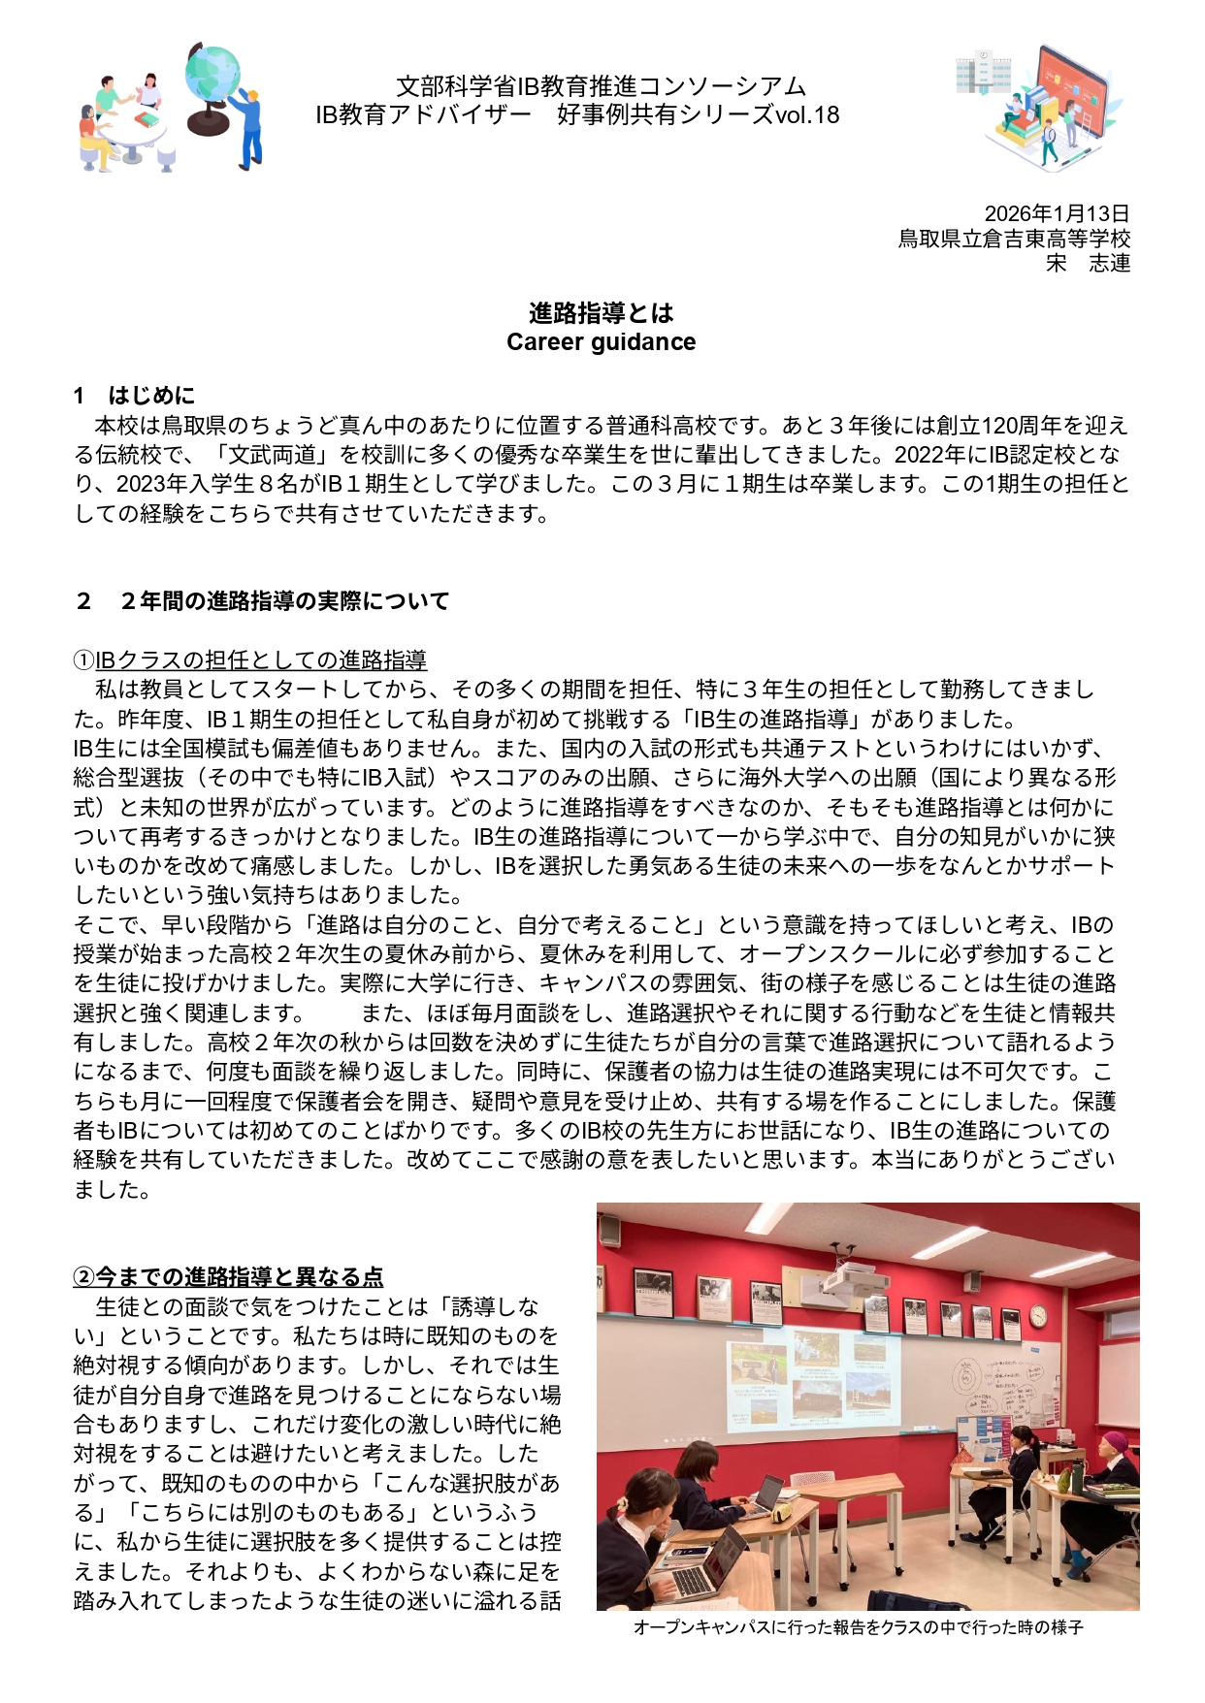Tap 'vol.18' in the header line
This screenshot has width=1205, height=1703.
pyautogui.click(x=807, y=115)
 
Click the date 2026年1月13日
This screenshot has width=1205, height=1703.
pyautogui.click(x=1057, y=213)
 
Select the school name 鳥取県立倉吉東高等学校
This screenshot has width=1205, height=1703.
pyautogui.click(x=1014, y=239)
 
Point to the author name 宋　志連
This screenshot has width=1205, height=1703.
pyautogui.click(x=1088, y=263)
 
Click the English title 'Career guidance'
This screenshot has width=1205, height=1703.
pyautogui.click(x=601, y=342)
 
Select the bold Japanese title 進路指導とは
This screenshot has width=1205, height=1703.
pyautogui.click(x=601, y=313)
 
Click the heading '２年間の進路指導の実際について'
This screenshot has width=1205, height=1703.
pyautogui.click(x=283, y=601)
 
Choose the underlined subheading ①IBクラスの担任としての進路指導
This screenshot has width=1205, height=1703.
pyautogui.click(x=250, y=661)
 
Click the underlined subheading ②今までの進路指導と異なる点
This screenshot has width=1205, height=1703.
pyautogui.click(x=229, y=1277)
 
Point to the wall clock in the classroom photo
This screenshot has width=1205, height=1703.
pyautogui.click(x=1038, y=1316)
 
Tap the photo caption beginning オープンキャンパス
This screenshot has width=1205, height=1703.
pyautogui.click(x=858, y=1627)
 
